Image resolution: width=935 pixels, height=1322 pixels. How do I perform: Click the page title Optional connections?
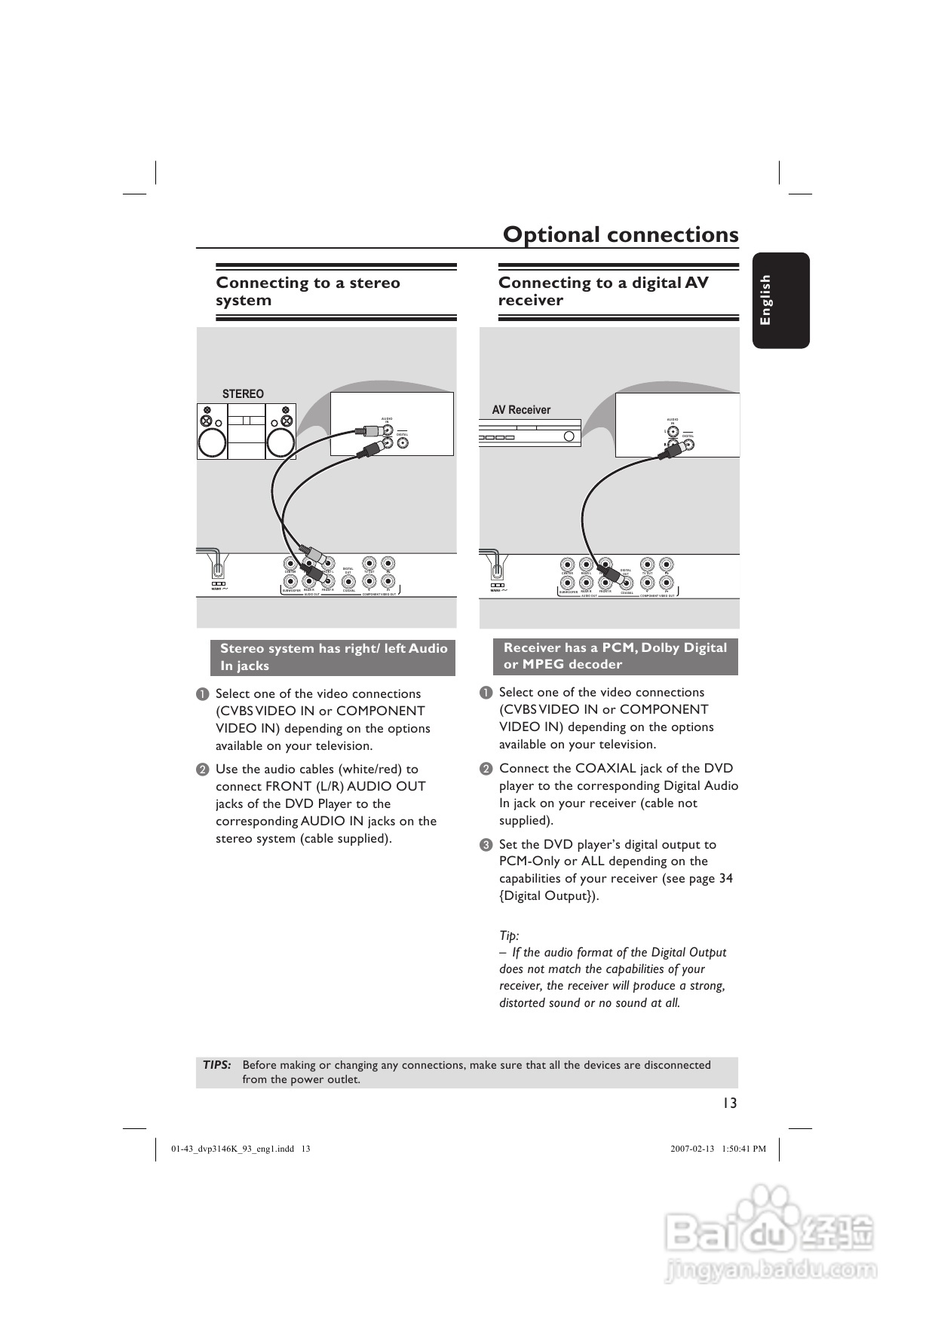(x=621, y=234)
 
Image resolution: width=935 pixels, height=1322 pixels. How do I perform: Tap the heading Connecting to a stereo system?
(x=308, y=291)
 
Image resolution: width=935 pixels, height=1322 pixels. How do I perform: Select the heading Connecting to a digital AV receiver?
(x=603, y=291)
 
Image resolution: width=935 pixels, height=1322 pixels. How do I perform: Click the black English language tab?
(x=780, y=300)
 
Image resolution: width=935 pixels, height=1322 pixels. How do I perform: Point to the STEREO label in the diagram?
(x=243, y=393)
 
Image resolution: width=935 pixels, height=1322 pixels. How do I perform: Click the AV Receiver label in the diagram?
(x=521, y=409)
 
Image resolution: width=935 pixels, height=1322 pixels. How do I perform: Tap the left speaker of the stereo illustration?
(x=212, y=432)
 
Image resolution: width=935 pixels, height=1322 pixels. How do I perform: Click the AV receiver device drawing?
(x=530, y=434)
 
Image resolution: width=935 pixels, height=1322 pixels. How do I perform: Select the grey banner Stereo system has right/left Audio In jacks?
(x=333, y=657)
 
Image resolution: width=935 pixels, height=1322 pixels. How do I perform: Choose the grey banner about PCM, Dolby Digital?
(x=615, y=656)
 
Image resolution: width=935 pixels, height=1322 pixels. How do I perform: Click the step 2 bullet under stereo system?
(x=202, y=770)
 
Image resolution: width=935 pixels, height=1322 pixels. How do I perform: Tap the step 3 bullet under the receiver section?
(x=486, y=845)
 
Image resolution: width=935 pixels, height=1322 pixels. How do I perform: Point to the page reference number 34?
(x=725, y=878)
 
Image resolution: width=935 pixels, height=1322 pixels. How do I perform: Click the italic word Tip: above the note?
(x=509, y=935)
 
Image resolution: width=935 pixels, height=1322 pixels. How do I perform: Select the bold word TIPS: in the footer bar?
(x=217, y=1065)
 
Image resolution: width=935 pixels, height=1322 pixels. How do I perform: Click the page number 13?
(x=728, y=1103)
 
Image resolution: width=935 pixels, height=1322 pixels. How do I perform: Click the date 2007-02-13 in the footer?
(x=691, y=1149)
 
